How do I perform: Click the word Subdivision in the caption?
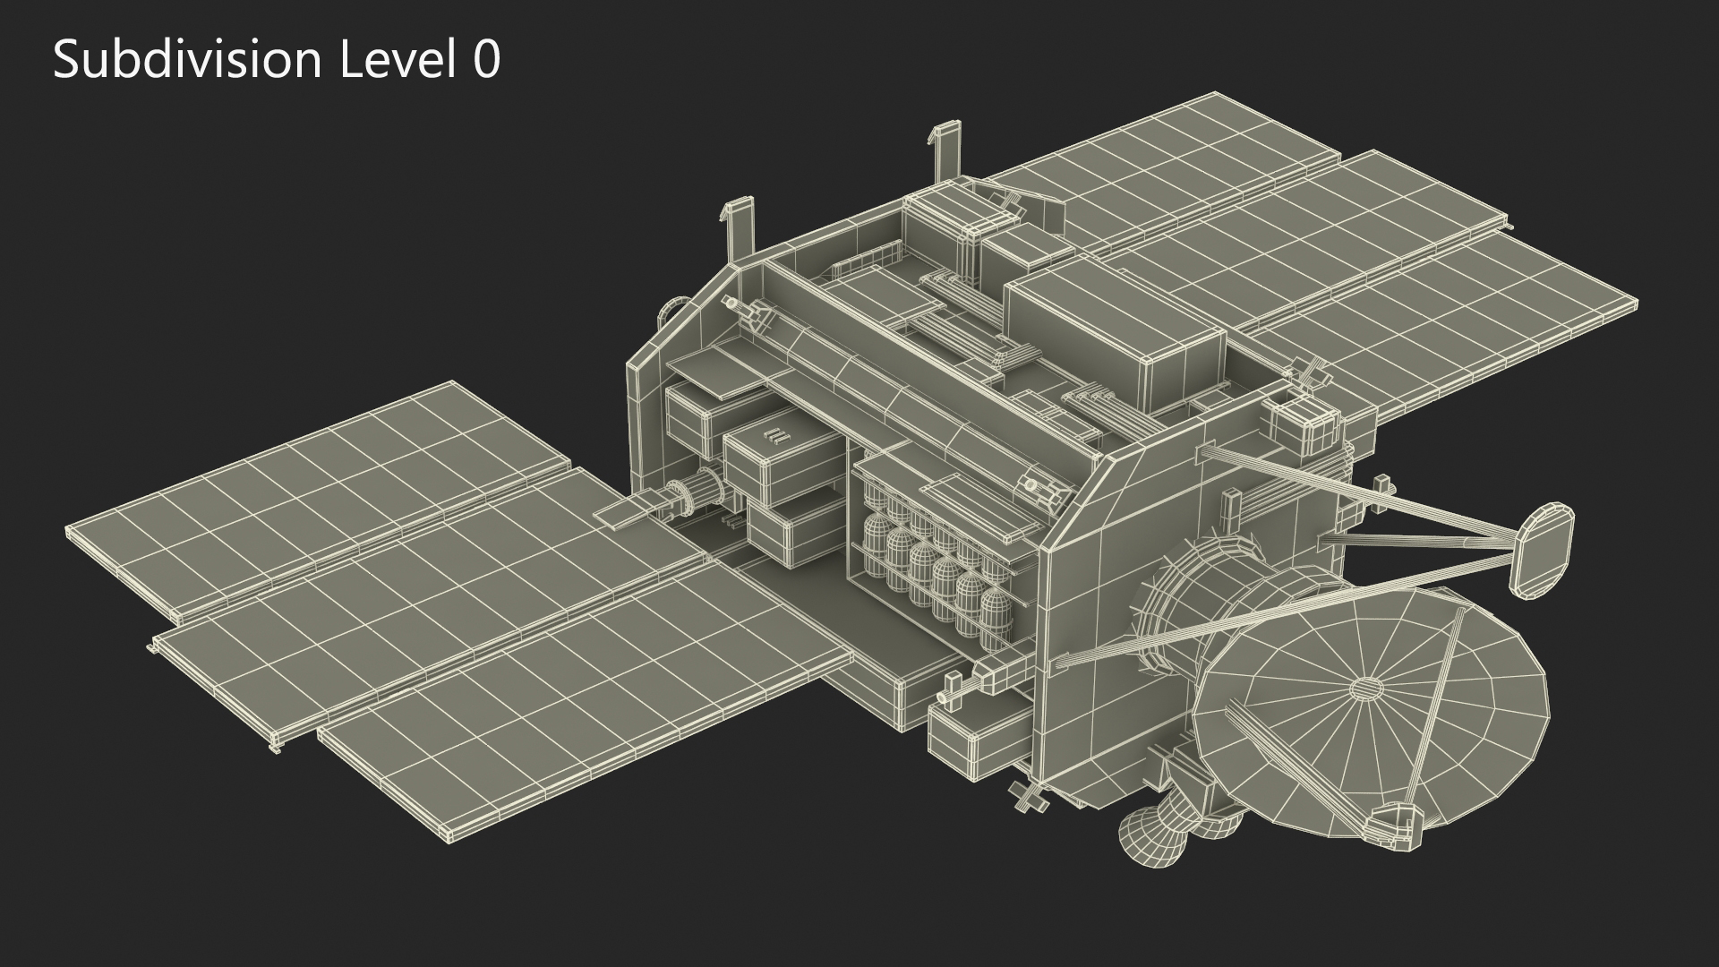[187, 61]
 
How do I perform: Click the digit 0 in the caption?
[486, 62]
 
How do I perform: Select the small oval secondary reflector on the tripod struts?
[1542, 549]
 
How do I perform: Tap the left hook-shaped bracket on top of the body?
[740, 227]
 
